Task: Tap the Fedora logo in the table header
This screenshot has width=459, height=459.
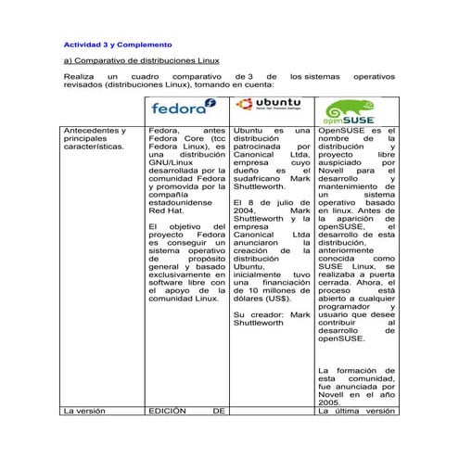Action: click(x=185, y=108)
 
